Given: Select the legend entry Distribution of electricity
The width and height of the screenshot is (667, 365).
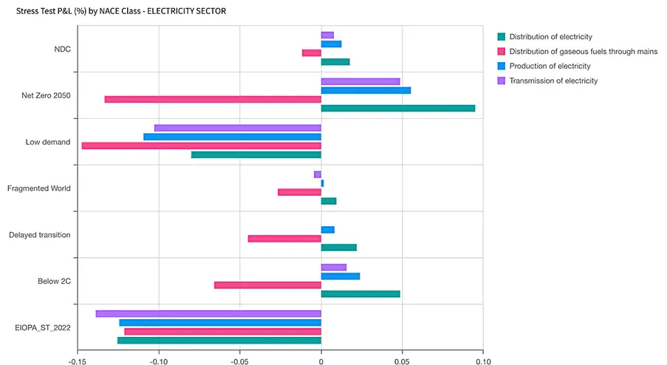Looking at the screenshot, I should point(550,37).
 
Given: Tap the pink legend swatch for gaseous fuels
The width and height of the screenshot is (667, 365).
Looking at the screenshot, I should point(502,52).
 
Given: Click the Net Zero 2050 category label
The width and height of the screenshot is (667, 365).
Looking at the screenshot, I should point(47,95).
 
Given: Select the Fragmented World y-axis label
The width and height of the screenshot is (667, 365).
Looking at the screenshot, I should point(39,188).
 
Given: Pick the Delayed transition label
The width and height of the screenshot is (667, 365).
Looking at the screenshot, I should point(40,235).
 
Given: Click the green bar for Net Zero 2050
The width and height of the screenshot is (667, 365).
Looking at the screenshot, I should point(398,108).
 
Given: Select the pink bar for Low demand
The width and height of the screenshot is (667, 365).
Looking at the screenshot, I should point(201,146).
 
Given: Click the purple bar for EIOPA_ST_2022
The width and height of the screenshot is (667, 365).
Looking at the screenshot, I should point(208,314).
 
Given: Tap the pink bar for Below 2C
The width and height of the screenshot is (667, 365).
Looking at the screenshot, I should point(267,285).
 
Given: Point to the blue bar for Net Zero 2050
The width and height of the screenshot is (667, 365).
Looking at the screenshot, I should point(366,90).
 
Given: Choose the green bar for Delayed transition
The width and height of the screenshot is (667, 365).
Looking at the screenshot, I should point(338,248).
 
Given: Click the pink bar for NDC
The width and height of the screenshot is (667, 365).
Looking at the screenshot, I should point(312,53).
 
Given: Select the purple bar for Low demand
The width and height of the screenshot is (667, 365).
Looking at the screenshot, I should point(238,128).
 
